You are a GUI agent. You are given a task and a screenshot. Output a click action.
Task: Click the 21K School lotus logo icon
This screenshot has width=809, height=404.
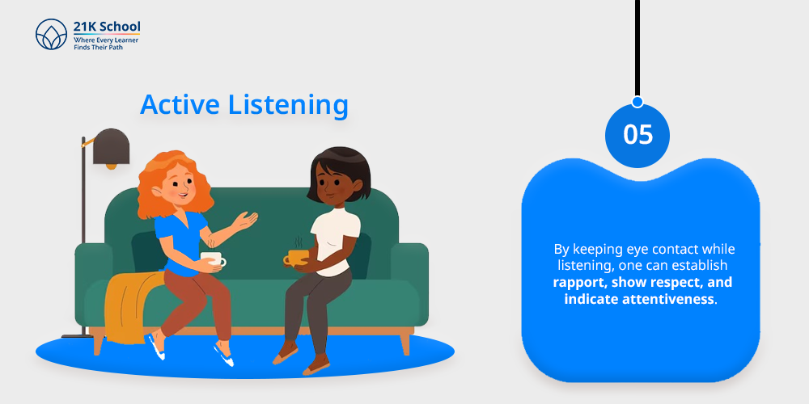click(x=51, y=35)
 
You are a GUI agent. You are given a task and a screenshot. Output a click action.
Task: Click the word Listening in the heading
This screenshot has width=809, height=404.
click(x=289, y=105)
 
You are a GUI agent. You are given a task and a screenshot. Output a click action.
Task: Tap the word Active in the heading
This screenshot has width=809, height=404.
click(x=180, y=104)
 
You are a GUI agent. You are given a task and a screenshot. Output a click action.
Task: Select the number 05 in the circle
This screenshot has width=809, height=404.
click(x=637, y=134)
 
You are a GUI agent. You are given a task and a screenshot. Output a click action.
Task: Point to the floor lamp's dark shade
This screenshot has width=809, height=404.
click(x=111, y=146)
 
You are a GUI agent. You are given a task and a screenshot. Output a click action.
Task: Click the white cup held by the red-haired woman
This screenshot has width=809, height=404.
click(x=213, y=259)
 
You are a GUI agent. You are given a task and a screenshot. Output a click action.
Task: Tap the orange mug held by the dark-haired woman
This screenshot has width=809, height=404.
click(x=297, y=257)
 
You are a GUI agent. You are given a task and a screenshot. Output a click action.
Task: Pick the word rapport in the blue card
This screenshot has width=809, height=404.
click(x=574, y=283)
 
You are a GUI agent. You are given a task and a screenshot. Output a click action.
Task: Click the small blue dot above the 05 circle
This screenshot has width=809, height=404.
click(x=637, y=102)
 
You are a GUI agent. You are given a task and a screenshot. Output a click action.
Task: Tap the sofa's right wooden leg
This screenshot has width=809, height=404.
click(x=405, y=343)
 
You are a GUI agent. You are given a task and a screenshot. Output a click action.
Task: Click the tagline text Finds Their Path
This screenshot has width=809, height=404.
click(x=99, y=48)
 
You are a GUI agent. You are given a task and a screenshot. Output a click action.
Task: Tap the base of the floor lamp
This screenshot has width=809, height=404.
click(x=78, y=336)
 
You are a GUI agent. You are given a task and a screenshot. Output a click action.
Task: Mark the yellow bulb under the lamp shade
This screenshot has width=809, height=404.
click(x=112, y=166)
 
